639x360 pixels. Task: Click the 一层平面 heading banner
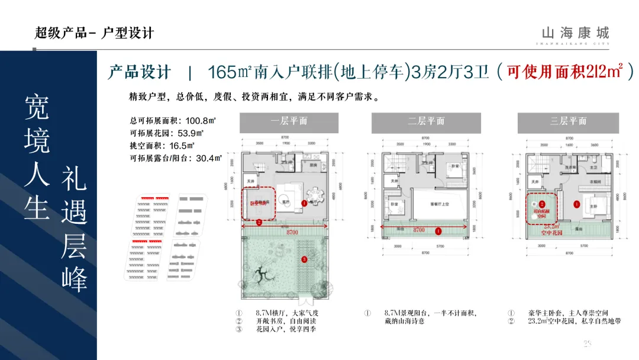coord(289,122)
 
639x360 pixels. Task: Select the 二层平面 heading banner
coord(425,122)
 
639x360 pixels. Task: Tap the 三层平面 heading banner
coord(567,122)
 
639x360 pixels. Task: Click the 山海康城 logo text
coord(575,33)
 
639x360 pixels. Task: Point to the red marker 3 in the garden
coord(304,259)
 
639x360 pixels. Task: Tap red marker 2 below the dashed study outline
coord(259,223)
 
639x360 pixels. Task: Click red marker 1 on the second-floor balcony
coord(438,232)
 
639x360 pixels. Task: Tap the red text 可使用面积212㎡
coord(565,72)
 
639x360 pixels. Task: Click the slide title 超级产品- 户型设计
coord(95,33)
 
